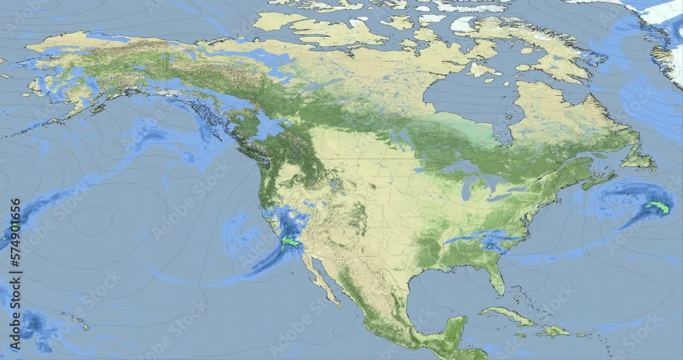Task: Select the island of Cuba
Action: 509,316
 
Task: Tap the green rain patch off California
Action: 291,242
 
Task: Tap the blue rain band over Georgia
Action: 478,238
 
